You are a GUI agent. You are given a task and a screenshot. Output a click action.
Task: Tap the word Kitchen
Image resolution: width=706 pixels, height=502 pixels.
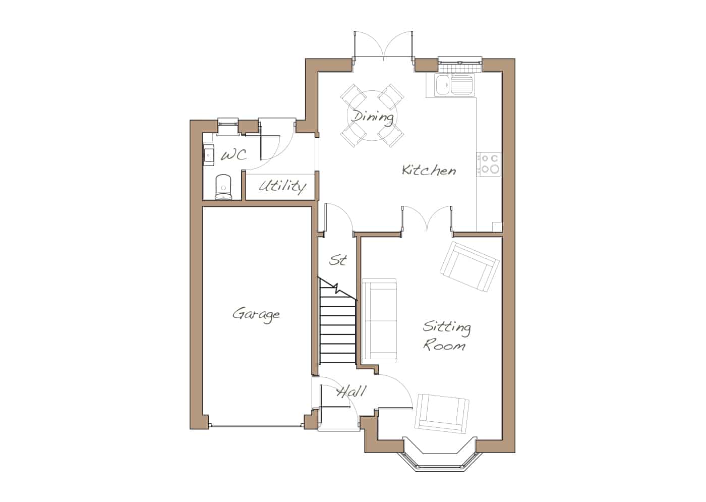click(429, 170)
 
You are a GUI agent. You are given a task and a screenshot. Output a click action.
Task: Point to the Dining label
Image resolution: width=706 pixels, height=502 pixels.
click(372, 117)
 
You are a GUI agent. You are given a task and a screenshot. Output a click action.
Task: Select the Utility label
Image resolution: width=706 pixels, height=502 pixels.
click(282, 186)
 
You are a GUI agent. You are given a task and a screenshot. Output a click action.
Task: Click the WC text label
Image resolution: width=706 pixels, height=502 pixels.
click(234, 155)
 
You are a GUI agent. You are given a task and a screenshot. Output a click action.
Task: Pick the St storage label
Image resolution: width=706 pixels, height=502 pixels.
click(338, 260)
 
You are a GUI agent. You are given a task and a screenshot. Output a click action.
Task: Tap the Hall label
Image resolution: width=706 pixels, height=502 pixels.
click(351, 392)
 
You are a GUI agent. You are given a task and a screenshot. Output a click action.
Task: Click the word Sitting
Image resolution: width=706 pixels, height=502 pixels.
click(447, 327)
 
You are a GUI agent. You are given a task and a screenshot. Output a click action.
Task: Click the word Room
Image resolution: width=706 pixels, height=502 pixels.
click(444, 345)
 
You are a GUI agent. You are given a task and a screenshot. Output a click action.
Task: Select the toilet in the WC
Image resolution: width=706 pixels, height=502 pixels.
click(223, 187)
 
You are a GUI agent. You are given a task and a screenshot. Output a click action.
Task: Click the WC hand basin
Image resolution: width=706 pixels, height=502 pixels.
click(208, 155)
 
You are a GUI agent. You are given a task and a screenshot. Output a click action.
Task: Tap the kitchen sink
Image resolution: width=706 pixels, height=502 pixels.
click(454, 85)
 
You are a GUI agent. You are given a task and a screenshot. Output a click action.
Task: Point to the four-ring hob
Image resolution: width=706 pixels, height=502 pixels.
click(489, 164)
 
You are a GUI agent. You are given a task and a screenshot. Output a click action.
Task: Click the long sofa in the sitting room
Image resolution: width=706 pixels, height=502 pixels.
click(379, 321)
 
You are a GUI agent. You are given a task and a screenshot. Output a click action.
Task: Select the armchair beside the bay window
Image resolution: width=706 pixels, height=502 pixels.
click(442, 413)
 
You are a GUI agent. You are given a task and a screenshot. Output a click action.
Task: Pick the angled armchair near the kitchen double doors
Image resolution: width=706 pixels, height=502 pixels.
click(469, 267)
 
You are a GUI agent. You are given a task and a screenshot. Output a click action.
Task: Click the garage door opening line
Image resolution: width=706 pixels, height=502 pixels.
click(257, 426)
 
